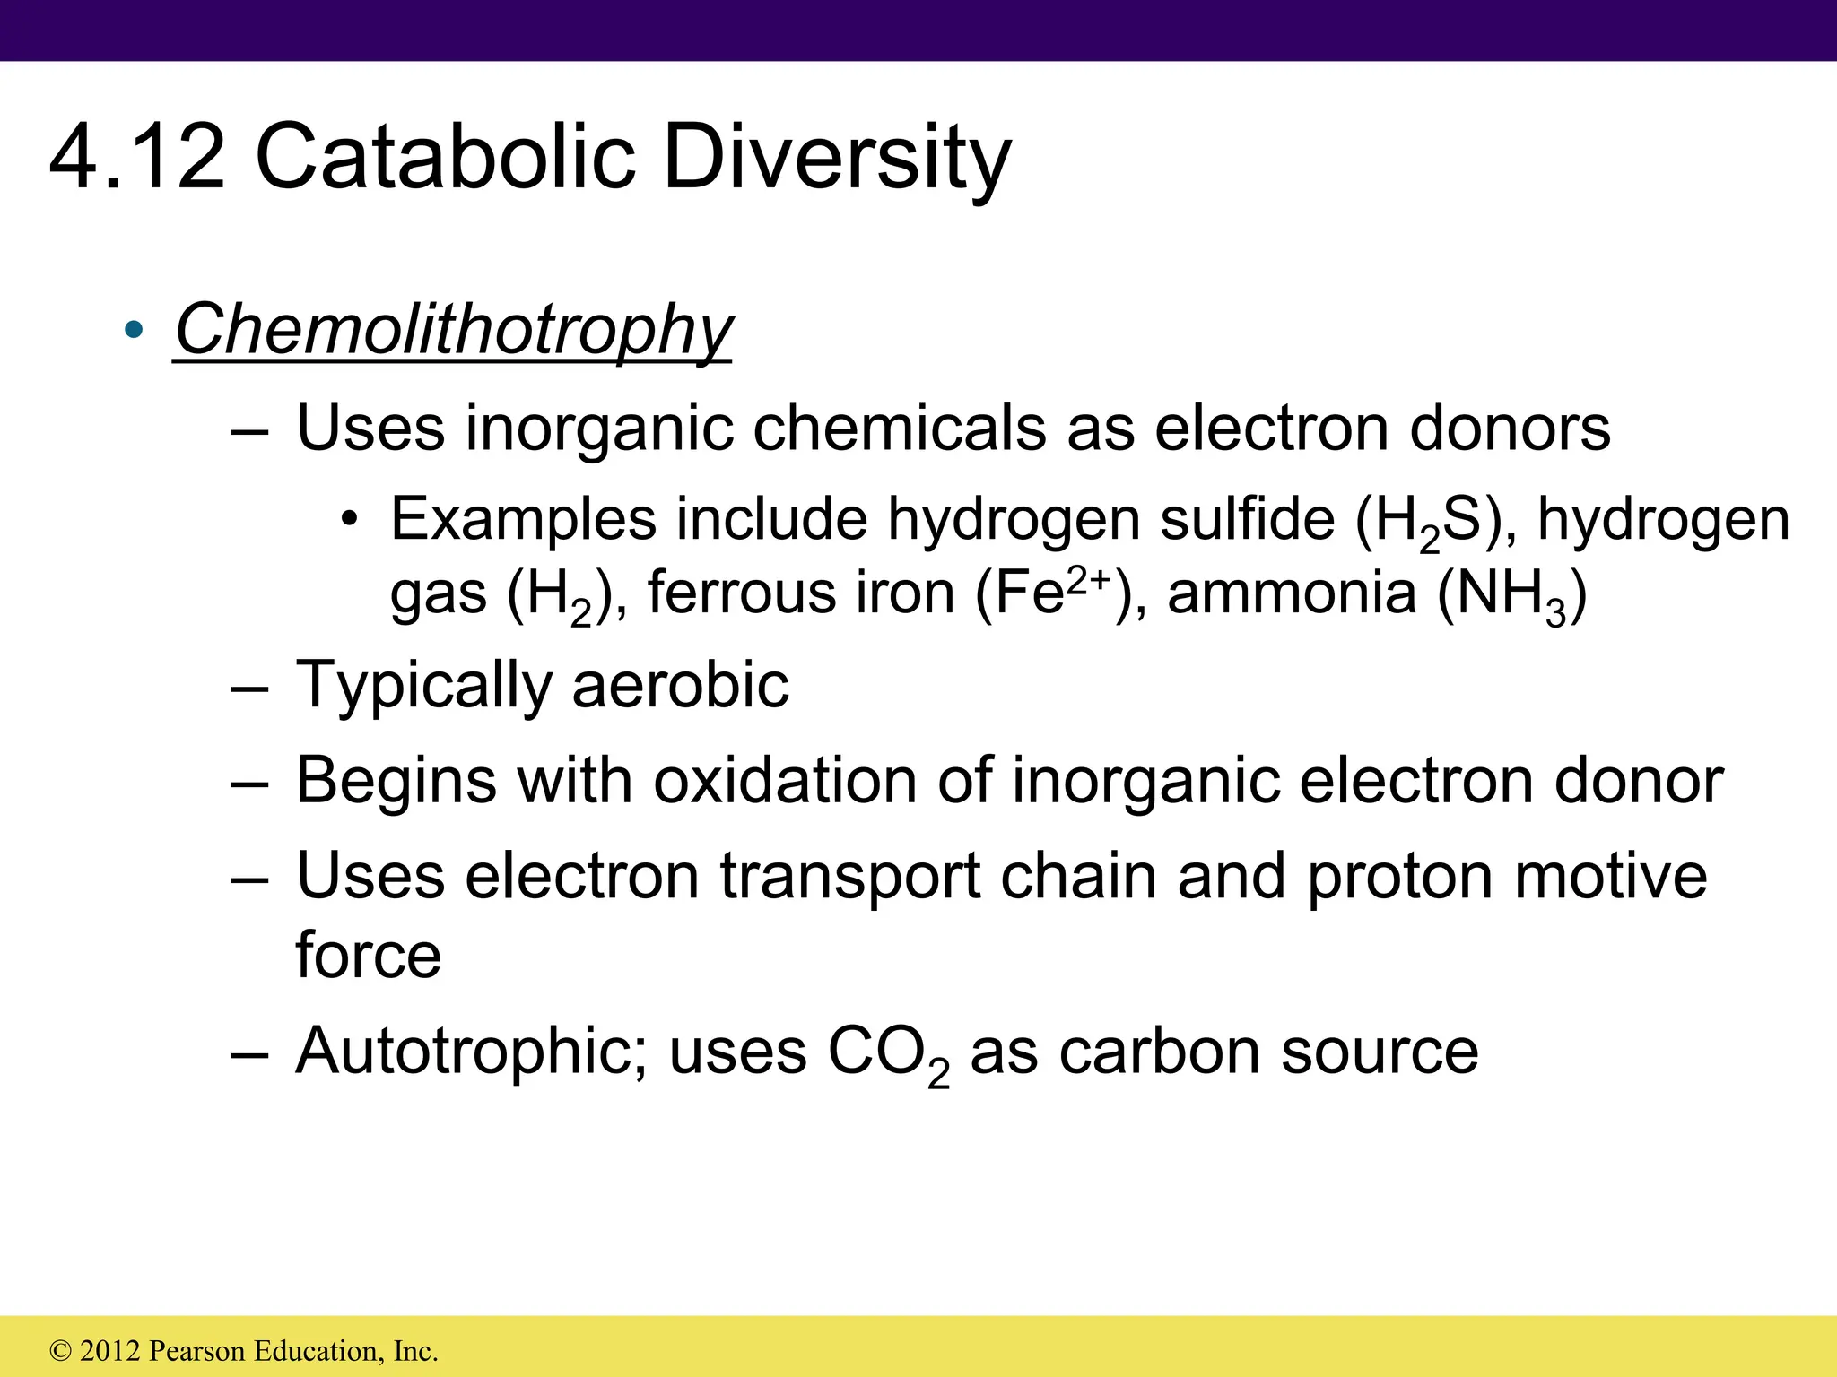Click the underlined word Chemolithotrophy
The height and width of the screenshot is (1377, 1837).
(453, 330)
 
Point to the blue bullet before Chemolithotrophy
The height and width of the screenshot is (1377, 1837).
(134, 330)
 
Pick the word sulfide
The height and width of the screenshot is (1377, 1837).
(1247, 519)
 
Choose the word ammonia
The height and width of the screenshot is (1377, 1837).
(1292, 593)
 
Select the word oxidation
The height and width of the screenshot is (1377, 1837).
(785, 780)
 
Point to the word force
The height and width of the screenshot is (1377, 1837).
(368, 955)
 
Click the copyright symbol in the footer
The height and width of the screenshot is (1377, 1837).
(61, 1351)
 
